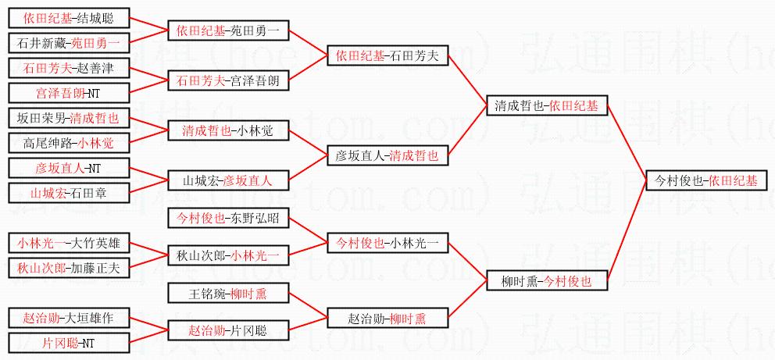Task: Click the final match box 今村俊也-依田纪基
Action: point(705,180)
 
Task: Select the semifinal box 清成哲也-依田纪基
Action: point(545,106)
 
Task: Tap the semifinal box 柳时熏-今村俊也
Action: point(545,280)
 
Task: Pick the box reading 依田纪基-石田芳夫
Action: point(387,55)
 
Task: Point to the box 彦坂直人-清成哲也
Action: point(387,155)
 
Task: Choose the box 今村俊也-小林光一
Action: point(387,243)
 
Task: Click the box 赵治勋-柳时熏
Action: point(387,318)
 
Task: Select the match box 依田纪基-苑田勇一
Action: point(228,31)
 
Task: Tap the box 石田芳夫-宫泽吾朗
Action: point(228,80)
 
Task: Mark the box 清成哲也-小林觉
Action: point(228,130)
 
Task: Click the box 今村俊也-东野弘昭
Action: point(228,218)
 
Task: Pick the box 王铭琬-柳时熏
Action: point(228,294)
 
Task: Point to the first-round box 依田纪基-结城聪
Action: point(69,19)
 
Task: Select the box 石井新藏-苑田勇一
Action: point(69,43)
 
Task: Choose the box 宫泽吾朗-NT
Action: point(69,93)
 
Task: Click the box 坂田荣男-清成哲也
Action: point(69,119)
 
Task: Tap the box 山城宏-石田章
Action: point(69,192)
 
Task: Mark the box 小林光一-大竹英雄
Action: point(69,243)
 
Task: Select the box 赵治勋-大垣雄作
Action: point(69,318)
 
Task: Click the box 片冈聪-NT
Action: point(69,343)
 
